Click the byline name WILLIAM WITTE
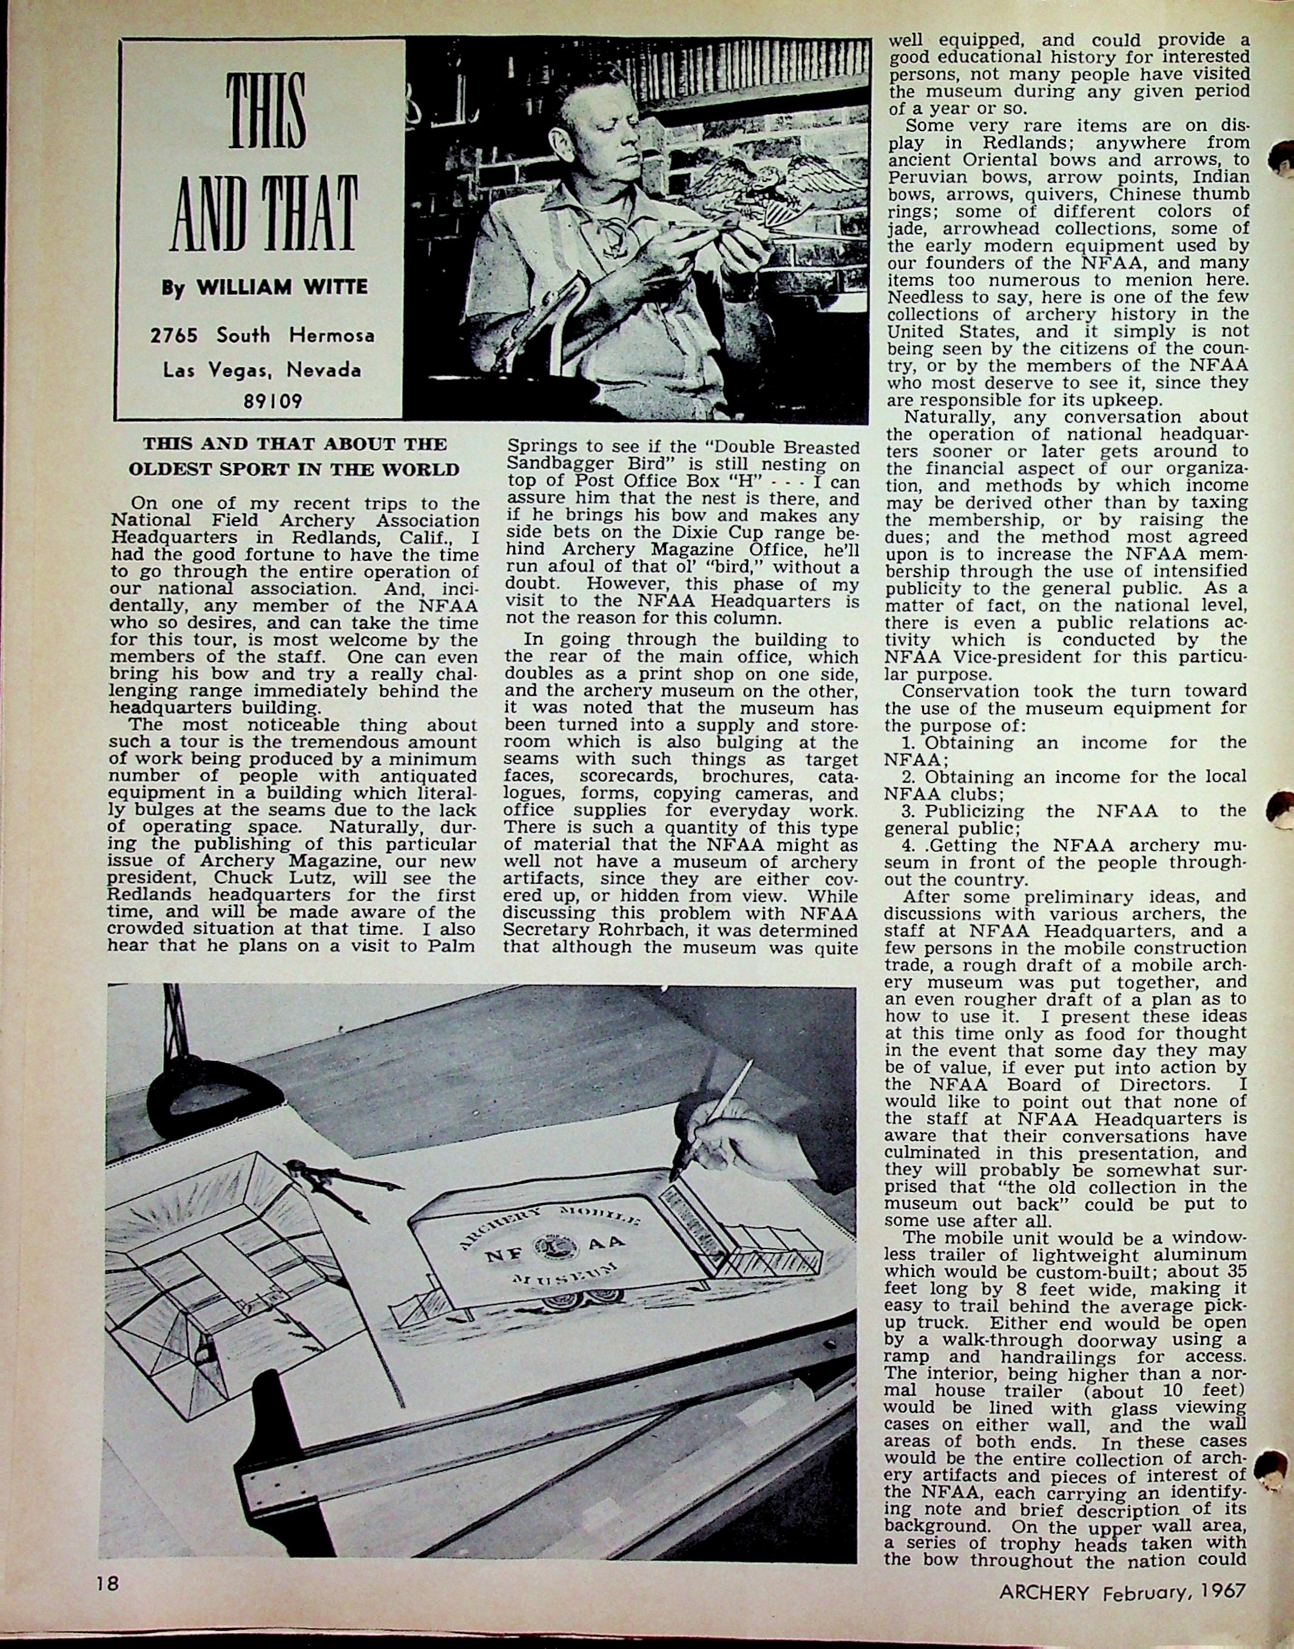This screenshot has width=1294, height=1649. point(282,288)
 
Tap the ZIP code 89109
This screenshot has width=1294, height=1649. point(273,401)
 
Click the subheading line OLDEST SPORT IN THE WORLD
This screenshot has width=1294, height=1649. point(294,469)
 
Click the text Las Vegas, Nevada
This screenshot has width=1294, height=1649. point(262,370)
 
